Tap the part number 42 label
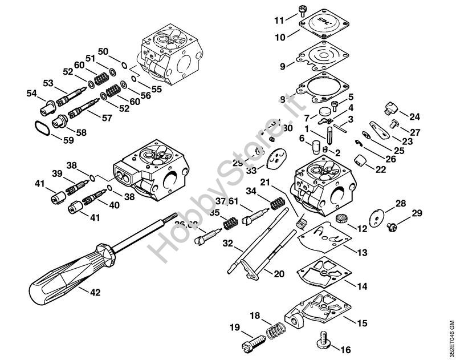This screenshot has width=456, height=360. [x=95, y=292]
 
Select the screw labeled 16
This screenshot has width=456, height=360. [x=321, y=342]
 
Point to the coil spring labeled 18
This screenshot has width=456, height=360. [x=276, y=330]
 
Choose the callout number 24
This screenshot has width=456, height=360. [x=414, y=118]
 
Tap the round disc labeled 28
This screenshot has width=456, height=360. [x=377, y=219]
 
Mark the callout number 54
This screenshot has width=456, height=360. [x=31, y=93]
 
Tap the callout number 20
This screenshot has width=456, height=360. [x=278, y=274]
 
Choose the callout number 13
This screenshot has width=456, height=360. [x=363, y=252]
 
